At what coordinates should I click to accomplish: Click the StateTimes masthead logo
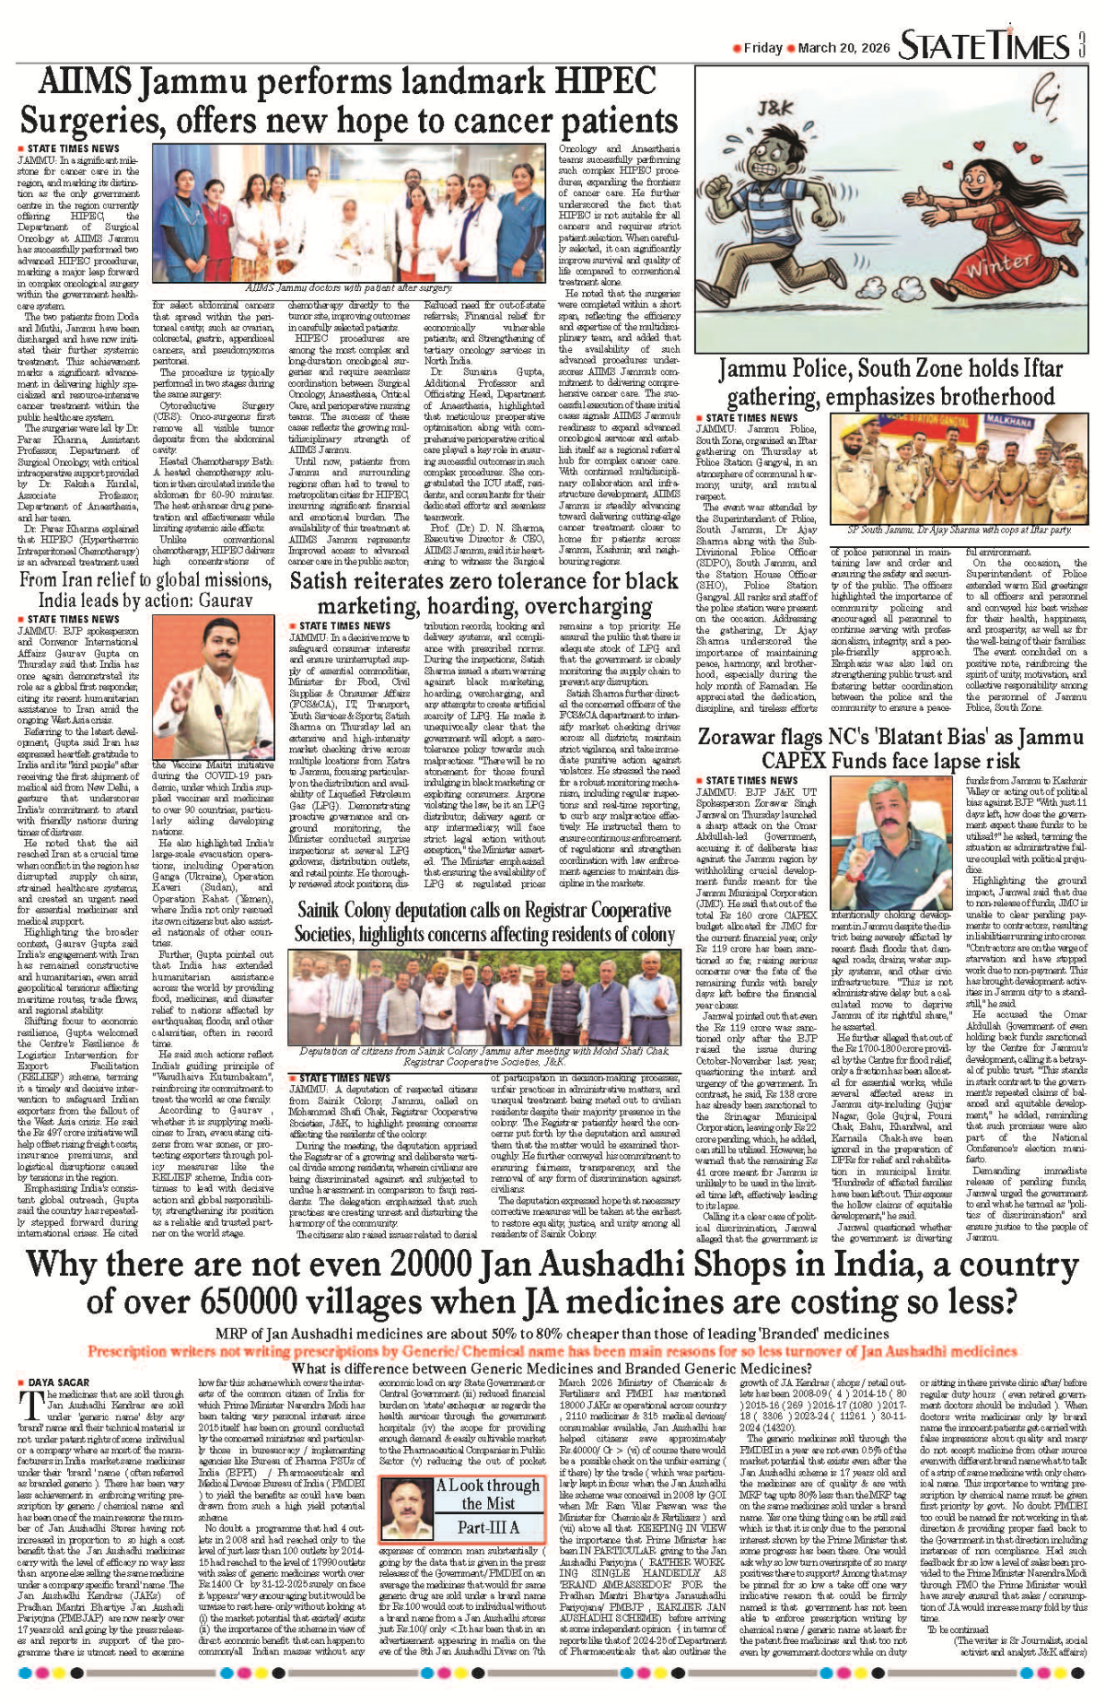point(983,46)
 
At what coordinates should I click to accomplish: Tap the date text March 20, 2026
point(836,48)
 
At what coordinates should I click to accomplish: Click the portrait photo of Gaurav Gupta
point(212,685)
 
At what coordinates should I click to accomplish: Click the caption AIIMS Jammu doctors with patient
point(348,288)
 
